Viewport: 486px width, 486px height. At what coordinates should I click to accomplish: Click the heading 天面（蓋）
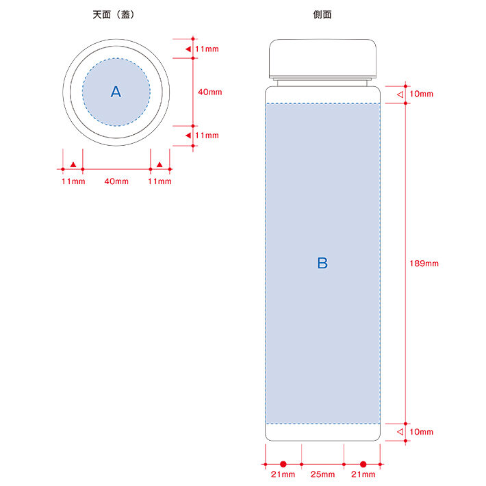[114, 14]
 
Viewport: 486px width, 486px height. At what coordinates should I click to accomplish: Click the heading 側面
[322, 14]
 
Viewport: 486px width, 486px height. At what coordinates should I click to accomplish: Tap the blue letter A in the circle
[116, 92]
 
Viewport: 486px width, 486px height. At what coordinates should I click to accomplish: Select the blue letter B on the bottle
[322, 263]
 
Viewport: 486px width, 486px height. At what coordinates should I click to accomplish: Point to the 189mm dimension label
[424, 264]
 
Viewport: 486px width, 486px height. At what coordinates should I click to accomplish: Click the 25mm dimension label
[322, 474]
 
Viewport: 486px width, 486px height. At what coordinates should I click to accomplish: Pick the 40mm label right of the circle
[210, 92]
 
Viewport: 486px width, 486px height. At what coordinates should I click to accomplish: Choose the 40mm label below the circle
[116, 181]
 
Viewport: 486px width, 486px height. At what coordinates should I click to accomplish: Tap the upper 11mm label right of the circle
[207, 49]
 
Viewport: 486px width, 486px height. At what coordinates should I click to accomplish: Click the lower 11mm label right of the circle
[207, 136]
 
